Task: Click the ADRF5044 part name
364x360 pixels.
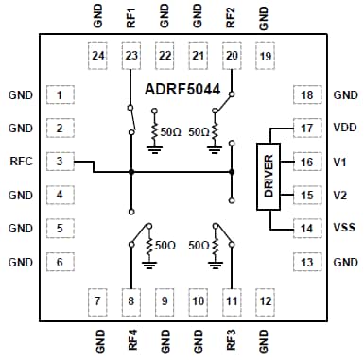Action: coord(182,93)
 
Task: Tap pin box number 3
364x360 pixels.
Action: coord(60,162)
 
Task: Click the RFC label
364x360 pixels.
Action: coord(22,162)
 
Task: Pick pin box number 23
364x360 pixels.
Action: coord(130,57)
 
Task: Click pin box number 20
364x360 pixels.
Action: coord(231,57)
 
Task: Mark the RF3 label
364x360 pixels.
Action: coord(231,338)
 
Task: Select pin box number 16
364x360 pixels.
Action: coord(305,162)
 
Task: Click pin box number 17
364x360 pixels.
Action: coord(305,129)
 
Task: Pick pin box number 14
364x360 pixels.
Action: coord(305,229)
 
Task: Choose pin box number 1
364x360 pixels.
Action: coord(60,95)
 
